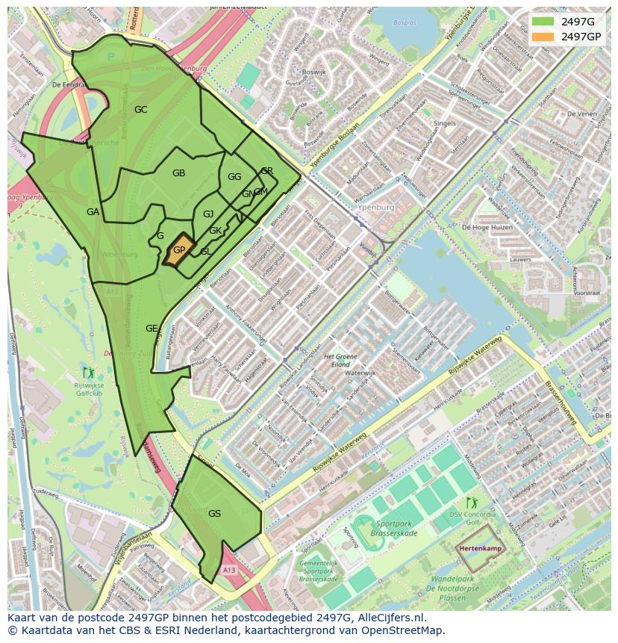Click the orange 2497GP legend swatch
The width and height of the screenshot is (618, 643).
coord(543,37)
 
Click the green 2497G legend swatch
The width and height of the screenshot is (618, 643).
coord(543,22)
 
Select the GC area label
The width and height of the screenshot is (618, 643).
coord(140,110)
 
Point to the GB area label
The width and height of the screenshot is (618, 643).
coord(178,173)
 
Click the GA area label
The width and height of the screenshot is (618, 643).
coord(93,212)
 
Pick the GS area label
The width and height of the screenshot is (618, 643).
coord(214,514)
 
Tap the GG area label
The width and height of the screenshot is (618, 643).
coord(234,177)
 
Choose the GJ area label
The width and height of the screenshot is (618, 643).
coord(208,214)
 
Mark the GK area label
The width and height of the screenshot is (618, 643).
coord(215,231)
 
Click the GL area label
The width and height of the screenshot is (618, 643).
coord(205,252)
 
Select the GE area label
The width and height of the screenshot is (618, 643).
coord(152,329)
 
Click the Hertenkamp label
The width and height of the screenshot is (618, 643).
coord(481,548)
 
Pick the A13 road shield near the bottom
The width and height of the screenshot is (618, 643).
coord(228,570)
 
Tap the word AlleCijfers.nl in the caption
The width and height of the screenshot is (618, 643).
coord(389,618)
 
